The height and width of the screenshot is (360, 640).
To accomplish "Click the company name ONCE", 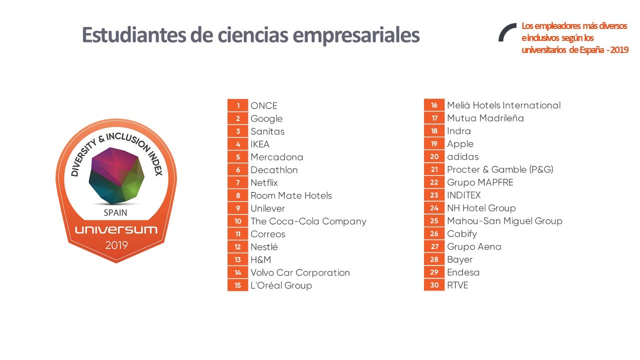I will pyautogui.click(x=263, y=105).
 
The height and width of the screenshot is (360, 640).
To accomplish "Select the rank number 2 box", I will pyautogui.click(x=237, y=118).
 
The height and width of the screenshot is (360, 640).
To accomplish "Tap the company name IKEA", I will pyautogui.click(x=260, y=144).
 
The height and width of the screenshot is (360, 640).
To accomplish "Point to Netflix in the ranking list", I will pyautogui.click(x=264, y=182).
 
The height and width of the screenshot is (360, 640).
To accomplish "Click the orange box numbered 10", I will pyautogui.click(x=237, y=221).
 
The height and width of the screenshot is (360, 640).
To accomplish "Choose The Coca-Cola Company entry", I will pyautogui.click(x=308, y=221).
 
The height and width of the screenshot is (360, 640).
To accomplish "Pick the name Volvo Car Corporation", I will pyautogui.click(x=300, y=272).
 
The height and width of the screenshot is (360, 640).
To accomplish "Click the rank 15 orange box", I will pyautogui.click(x=237, y=285).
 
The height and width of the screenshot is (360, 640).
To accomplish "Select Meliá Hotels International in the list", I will pyautogui.click(x=503, y=105).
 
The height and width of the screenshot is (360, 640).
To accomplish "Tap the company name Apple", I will pyautogui.click(x=460, y=144).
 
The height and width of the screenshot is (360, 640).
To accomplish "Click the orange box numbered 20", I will pyautogui.click(x=434, y=157).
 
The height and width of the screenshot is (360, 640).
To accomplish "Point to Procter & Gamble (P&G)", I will pyautogui.click(x=500, y=169).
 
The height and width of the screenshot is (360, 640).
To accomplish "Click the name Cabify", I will pyautogui.click(x=462, y=233).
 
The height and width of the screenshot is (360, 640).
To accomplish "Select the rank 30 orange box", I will pyautogui.click(x=434, y=285).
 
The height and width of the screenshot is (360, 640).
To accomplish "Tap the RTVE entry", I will pyautogui.click(x=457, y=285).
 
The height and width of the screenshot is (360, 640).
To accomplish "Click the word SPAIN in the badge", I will pyautogui.click(x=115, y=212).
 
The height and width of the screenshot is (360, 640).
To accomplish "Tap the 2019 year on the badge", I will pyautogui.click(x=116, y=245).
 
